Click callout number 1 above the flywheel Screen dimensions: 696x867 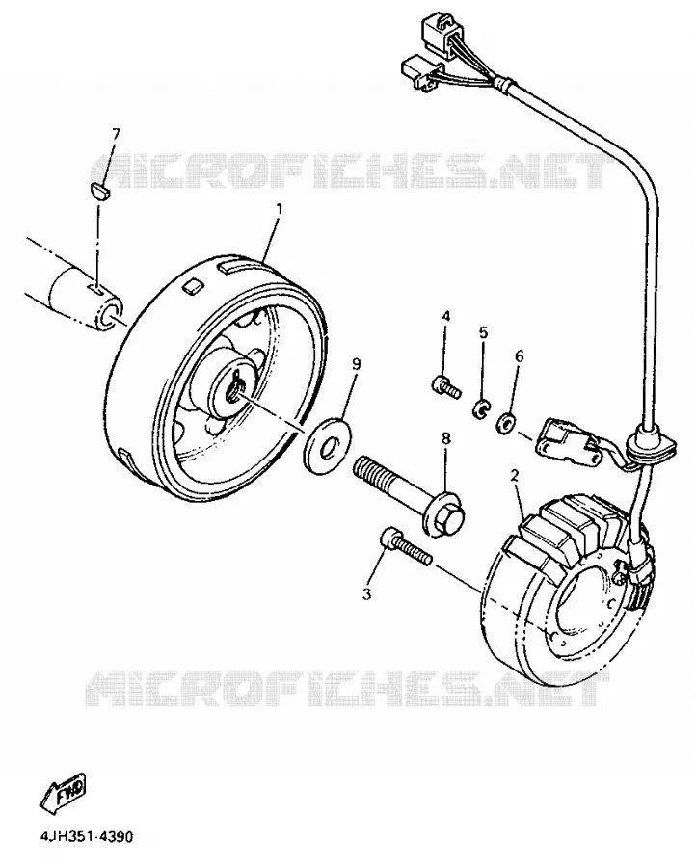coord(279,209)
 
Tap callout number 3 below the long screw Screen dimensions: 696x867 coord(366,594)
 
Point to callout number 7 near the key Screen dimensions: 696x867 coord(116,134)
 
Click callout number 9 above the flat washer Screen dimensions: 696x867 coord(357,364)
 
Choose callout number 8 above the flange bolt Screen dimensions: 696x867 coord(446,438)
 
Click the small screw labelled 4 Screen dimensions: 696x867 coord(446,386)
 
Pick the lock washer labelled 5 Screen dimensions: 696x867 coord(481,409)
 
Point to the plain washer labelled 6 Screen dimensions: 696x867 coord(506,423)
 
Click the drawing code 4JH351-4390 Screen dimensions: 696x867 coord(87,836)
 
